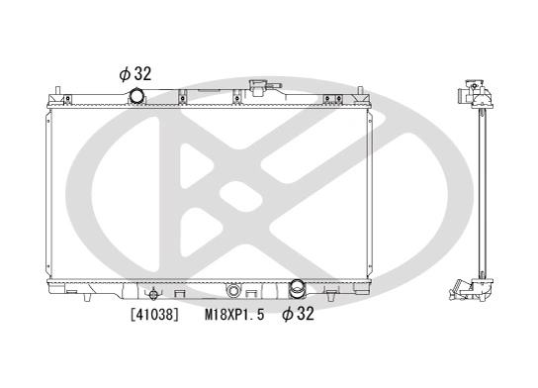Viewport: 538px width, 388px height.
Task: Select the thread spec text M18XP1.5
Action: [235, 316]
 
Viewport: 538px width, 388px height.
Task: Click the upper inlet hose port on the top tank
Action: [135, 95]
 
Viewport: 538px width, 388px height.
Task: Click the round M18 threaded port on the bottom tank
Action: [233, 291]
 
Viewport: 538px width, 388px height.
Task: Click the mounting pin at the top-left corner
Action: [63, 95]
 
